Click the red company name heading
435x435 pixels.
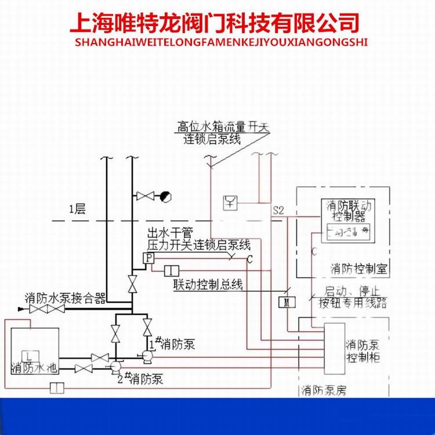[x=214, y=23]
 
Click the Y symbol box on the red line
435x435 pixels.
[x=230, y=202]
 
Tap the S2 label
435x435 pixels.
[x=278, y=211]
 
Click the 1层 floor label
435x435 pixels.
[x=77, y=210]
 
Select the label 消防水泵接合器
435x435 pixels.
[x=65, y=298]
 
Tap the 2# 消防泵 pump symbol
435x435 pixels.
[x=115, y=366]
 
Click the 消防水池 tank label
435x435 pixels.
[x=35, y=368]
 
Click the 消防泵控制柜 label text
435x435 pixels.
[x=362, y=351]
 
